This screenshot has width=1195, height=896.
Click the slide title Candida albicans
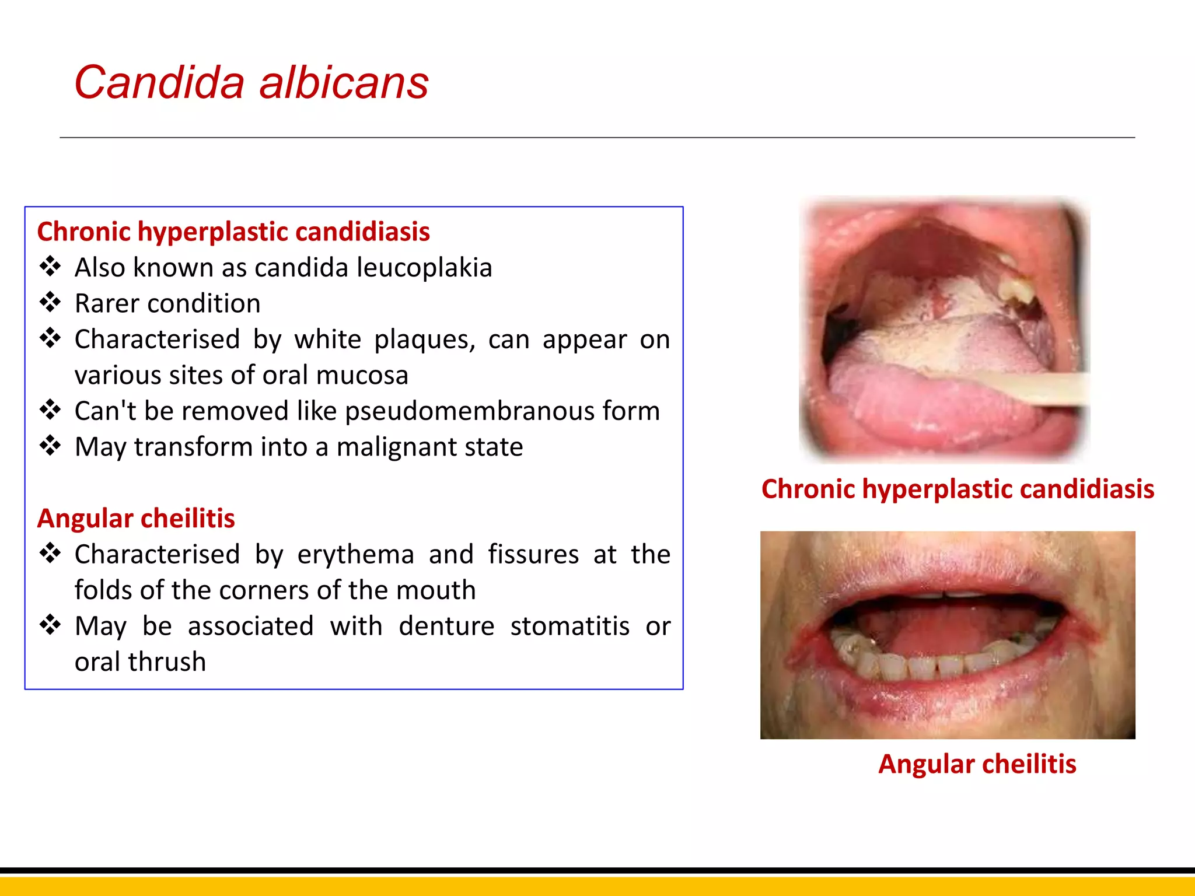click(251, 83)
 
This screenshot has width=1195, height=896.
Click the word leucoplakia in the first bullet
click(424, 268)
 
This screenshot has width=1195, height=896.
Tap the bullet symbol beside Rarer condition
click(50, 302)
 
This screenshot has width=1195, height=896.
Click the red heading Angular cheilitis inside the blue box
click(136, 519)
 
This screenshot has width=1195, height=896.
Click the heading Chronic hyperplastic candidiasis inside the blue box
click(233, 232)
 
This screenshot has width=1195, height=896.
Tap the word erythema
click(355, 554)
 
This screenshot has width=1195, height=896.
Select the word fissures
click(533, 554)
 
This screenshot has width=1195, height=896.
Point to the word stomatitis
click(569, 626)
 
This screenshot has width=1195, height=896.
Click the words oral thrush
click(140, 662)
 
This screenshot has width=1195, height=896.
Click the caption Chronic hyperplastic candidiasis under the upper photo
click(958, 489)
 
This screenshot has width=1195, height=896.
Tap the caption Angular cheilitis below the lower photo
click(977, 764)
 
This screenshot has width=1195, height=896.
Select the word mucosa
click(362, 376)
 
